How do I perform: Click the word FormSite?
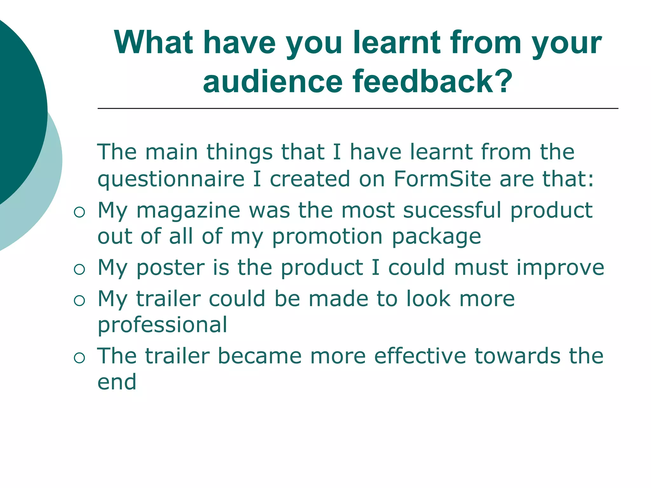click(442, 179)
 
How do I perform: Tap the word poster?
click(171, 268)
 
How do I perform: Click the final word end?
click(117, 382)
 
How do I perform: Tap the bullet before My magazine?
click(79, 212)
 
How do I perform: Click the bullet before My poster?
click(79, 269)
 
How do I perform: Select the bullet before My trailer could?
click(79, 300)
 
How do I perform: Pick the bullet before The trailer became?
click(79, 358)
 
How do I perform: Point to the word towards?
click(517, 356)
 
